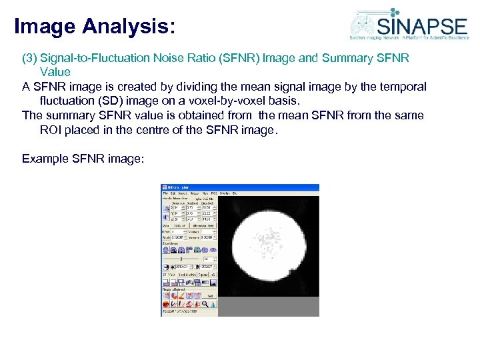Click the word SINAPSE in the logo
pos(423,26)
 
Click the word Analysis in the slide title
pos(129,27)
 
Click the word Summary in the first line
pos(344,58)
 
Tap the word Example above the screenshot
pos(45,159)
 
